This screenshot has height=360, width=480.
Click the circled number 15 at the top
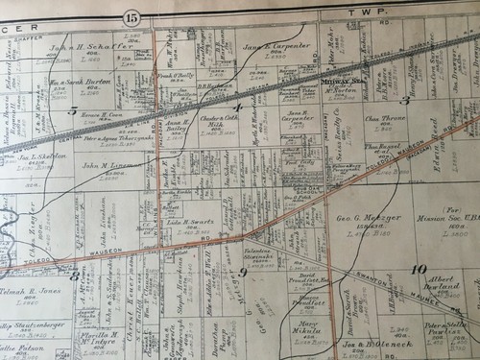(132, 16)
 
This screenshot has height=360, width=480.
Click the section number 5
(73, 111)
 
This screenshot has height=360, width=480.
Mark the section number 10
(419, 269)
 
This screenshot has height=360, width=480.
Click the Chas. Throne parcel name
(386, 119)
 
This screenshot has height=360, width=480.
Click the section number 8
(75, 275)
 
